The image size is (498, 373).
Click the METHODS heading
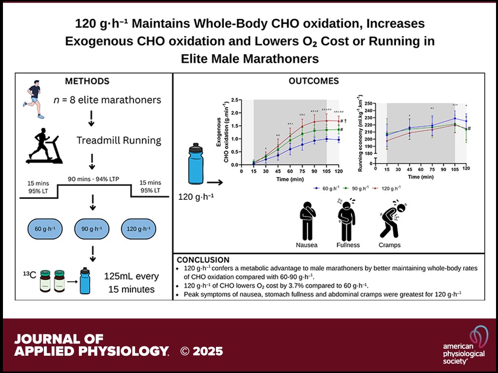[87, 81]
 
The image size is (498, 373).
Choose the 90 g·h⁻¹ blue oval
[94, 229]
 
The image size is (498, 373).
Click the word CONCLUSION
[203, 260]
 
